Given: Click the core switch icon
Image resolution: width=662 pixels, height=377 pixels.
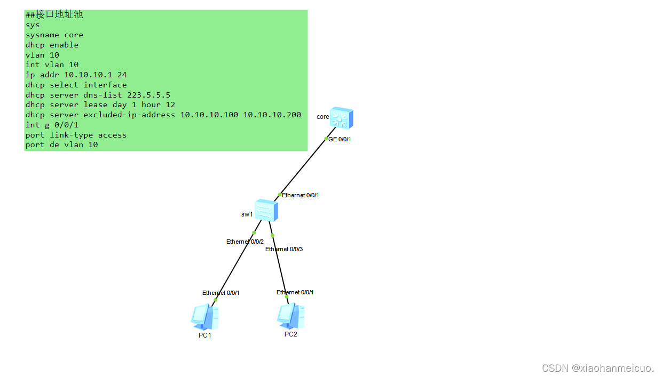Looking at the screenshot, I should coord(341,118).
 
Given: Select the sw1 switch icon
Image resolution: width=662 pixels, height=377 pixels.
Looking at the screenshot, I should coord(266,211).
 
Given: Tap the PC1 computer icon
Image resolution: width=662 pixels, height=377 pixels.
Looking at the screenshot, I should coord(204,316).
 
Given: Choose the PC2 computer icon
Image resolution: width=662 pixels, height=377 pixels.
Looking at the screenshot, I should coord(291,316).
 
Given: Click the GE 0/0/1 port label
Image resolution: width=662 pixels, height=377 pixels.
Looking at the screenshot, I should coord(340,139).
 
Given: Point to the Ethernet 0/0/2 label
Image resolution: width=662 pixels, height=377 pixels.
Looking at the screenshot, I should coord(245,242).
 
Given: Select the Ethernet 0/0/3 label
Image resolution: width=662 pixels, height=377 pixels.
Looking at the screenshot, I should coord(284,249).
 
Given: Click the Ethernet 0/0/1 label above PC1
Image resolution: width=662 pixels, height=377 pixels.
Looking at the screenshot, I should coord(220,293).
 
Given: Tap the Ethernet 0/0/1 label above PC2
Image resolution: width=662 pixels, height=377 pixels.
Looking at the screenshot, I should coord(295,292).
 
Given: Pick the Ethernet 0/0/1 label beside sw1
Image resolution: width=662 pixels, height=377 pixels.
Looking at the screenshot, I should coord(301,195).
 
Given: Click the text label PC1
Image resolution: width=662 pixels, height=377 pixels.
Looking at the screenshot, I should coord(205,335).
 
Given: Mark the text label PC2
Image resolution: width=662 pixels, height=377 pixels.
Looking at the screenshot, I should coord(291,334).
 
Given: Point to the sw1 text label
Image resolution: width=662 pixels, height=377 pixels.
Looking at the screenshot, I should coord(247,214).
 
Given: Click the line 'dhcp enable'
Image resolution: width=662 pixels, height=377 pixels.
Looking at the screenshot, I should coord(52,45).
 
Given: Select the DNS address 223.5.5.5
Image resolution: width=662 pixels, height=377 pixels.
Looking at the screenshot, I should coord(148,95).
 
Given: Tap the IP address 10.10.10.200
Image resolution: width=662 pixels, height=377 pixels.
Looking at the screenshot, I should coord(272,115).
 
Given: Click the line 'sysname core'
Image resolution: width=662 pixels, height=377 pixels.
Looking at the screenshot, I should coord(54,35).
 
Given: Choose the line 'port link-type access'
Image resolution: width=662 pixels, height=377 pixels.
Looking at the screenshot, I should coord(76,135).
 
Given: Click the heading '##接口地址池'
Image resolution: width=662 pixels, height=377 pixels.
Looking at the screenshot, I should coord(54,14).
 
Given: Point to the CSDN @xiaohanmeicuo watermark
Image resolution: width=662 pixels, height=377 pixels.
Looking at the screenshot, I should coord(598,368).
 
